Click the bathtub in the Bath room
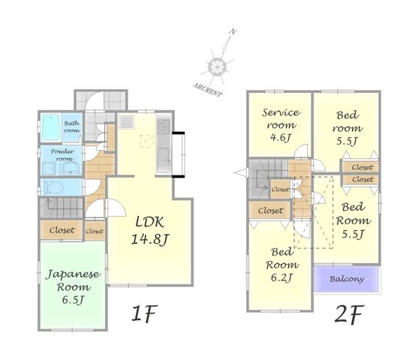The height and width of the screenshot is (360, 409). coord(51,127)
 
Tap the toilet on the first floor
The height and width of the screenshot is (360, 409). coord(55,187)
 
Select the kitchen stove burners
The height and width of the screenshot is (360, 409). coord(164,125)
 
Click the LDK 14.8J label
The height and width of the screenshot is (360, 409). coord(150,231)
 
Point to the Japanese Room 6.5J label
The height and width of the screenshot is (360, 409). coord(73,286)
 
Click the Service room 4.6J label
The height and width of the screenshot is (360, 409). coord(281,125)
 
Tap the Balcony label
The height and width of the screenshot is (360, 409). coord(347,279)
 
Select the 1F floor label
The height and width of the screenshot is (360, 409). coord(144,313)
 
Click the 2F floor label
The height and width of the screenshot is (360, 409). coord(349,314)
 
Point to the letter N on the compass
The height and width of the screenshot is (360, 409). coord(233,31)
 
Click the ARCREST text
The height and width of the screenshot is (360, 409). coord(208,90)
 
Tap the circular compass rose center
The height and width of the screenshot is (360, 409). coord(217,67)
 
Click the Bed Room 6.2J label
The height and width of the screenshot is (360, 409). coord(282,265)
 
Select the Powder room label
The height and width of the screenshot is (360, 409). coord(62,154)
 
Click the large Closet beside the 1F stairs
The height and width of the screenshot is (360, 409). coord(62,230)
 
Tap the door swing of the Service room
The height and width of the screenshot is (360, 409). coord(301,151)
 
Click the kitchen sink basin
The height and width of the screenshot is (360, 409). coord(164,157)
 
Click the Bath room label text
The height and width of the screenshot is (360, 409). coord(72,127)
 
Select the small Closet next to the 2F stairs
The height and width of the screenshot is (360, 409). coord(280,189)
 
